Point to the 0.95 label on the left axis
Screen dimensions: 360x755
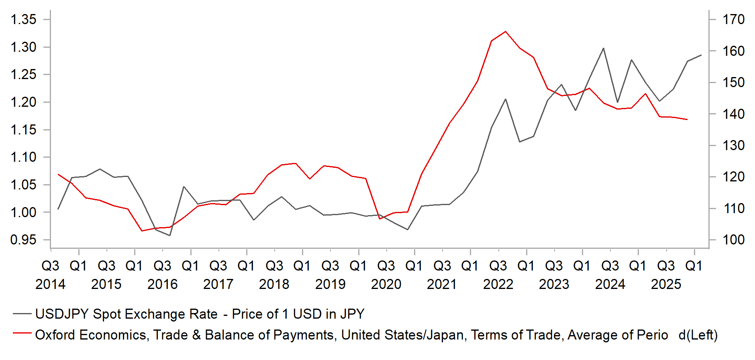click(x=23, y=240)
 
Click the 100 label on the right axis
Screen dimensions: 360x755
click(x=733, y=240)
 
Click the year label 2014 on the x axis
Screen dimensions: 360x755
click(x=50, y=284)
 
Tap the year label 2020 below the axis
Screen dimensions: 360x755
click(x=386, y=284)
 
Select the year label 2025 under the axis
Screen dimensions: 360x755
click(x=666, y=284)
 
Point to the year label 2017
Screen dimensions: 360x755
click(x=218, y=284)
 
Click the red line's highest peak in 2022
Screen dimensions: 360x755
click(x=505, y=31)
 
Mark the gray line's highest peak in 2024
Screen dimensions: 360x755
click(x=603, y=48)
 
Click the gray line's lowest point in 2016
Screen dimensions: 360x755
click(x=169, y=235)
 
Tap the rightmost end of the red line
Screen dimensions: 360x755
click(x=687, y=120)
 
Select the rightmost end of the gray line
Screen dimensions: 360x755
click(x=701, y=55)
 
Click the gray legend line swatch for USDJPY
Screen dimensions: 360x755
click(x=22, y=313)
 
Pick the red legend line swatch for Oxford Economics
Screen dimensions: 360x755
click(x=22, y=333)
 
